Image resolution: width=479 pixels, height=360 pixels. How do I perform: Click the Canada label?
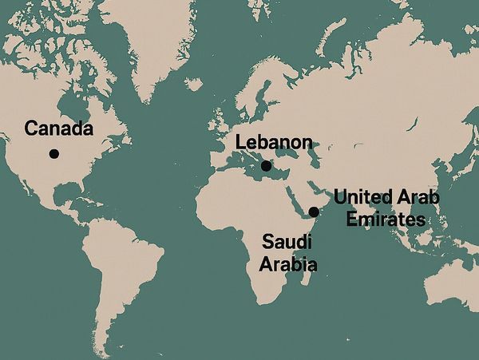pos(59,129)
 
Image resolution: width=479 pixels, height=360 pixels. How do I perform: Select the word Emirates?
pos(378,219)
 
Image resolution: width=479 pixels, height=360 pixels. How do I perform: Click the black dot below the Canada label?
pos(53,153)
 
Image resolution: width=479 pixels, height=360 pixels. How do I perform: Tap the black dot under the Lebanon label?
pos(266,166)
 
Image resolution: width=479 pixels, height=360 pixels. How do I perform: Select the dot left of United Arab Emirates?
pos(314,212)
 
